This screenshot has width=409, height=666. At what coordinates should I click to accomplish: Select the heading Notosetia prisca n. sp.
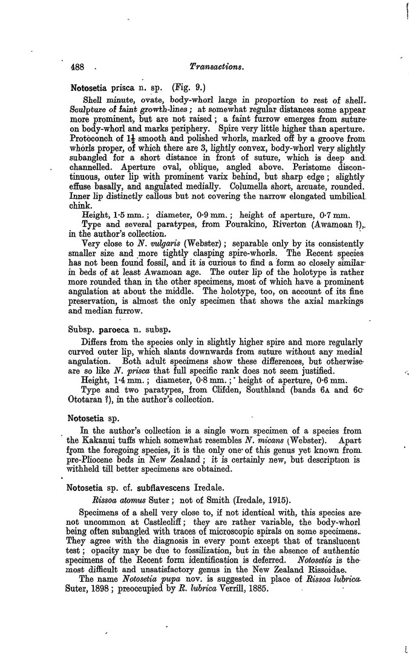pos(119,88)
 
